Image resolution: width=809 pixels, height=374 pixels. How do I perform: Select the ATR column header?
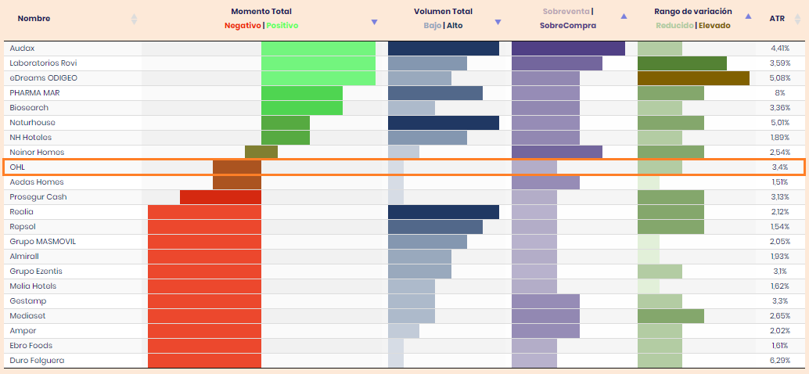click(x=777, y=18)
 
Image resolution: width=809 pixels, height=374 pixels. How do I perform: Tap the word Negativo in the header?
click(x=243, y=25)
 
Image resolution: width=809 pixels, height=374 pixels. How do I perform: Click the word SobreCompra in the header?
click(x=567, y=25)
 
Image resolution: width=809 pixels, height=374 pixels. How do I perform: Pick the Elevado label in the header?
click(x=714, y=25)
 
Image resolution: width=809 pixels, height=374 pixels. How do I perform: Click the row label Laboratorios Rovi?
click(x=43, y=63)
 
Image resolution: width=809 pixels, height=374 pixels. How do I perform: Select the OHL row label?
click(x=17, y=167)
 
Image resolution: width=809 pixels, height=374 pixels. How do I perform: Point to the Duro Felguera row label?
click(x=37, y=360)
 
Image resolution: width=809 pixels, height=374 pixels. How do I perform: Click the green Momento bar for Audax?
click(x=318, y=48)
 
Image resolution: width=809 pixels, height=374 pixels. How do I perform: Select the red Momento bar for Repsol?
click(x=204, y=226)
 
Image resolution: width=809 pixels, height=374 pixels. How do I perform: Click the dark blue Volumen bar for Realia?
click(x=444, y=211)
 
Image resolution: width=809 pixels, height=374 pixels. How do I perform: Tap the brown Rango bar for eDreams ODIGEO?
click(x=693, y=77)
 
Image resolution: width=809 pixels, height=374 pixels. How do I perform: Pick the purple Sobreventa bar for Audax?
click(x=568, y=48)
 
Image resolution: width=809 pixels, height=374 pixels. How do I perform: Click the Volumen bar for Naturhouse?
click(x=444, y=122)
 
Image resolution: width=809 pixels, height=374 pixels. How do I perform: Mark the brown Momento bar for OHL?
click(x=237, y=167)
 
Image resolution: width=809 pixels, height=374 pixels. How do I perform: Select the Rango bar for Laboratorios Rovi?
click(x=681, y=63)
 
